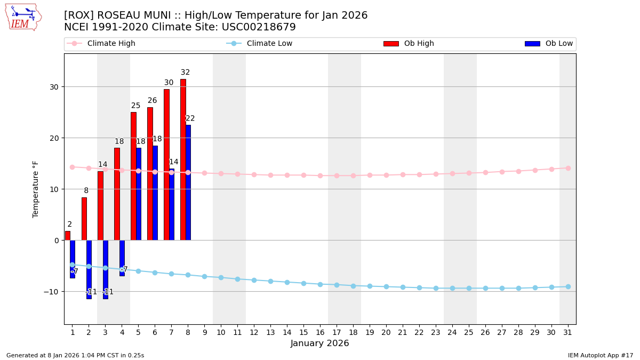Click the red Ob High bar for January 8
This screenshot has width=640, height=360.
pyautogui.click(x=183, y=160)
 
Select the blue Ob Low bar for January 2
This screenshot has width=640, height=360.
pyautogui.click(x=89, y=269)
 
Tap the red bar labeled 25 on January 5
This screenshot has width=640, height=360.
pyautogui.click(x=133, y=176)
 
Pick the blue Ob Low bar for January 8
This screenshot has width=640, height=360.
pyautogui.click(x=188, y=182)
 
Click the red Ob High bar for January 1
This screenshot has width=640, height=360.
pyautogui.click(x=67, y=236)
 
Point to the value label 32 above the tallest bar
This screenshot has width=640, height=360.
pyautogui.click(x=185, y=73)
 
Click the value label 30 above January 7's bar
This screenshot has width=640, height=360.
pyautogui.click(x=169, y=83)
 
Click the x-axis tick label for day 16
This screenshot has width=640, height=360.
pyautogui.click(x=320, y=332)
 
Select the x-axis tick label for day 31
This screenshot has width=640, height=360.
pyautogui.click(x=567, y=332)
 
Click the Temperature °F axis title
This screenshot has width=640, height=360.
pyautogui.click(x=36, y=189)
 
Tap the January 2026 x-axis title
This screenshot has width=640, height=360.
pyautogui.click(x=319, y=344)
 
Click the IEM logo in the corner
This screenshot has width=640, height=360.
pyautogui.click(x=23, y=17)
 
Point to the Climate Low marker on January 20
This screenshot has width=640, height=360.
pyautogui.click(x=386, y=287)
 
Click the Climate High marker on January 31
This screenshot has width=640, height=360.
pyautogui.click(x=568, y=168)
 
